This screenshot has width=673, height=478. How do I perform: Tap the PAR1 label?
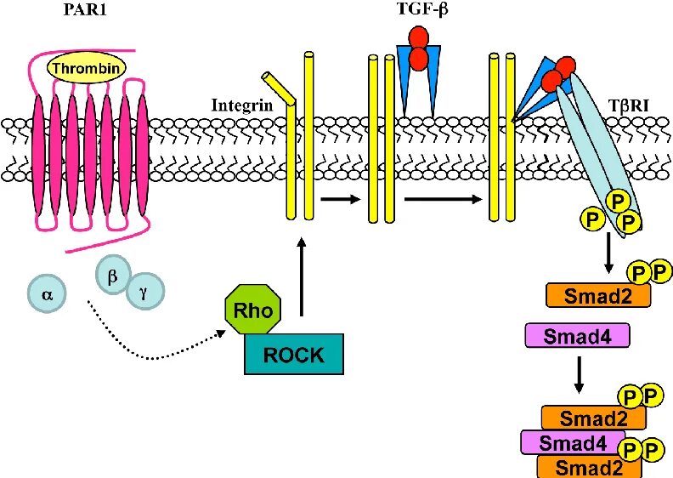pyautogui.click(x=85, y=9)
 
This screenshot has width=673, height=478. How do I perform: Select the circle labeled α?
pyautogui.click(x=48, y=293)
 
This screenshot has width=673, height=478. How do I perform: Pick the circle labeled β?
pyautogui.click(x=113, y=275)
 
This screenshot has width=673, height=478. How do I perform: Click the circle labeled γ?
pyautogui.click(x=145, y=292)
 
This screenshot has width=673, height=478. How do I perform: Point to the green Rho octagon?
pyautogui.click(x=254, y=310)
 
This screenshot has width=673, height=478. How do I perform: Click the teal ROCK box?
pyautogui.click(x=294, y=354)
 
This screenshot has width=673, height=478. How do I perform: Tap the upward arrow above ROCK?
pyautogui.click(x=302, y=276)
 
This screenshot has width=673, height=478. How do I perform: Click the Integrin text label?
pyautogui.click(x=242, y=105)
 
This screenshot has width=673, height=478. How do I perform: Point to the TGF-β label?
pyautogui.click(x=423, y=9)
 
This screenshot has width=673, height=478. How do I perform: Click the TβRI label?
pyautogui.click(x=628, y=105)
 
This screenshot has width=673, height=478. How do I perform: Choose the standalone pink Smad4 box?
pyautogui.click(x=577, y=335)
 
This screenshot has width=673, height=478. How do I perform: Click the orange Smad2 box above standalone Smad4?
pyautogui.click(x=598, y=295)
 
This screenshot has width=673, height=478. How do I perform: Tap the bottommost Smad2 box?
pyautogui.click(x=590, y=466)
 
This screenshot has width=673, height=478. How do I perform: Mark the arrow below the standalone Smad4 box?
pyautogui.click(x=579, y=374)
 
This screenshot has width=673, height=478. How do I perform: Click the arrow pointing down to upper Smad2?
pyautogui.click(x=608, y=253)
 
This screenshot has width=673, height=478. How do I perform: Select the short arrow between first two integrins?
pyautogui.click(x=341, y=199)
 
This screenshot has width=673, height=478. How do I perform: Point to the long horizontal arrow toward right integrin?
pyautogui.click(x=444, y=199)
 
